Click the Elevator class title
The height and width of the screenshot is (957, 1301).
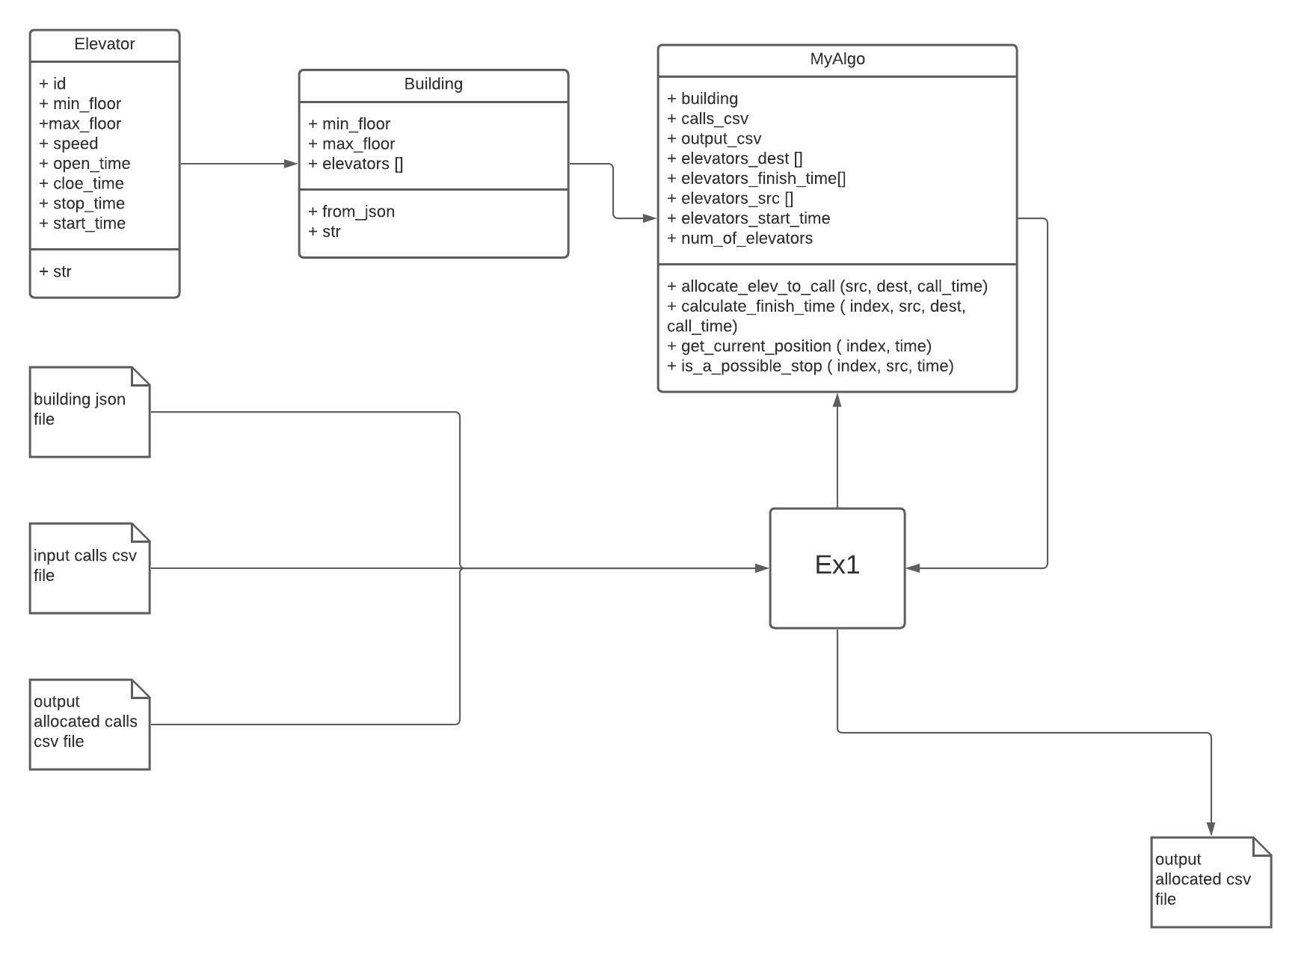pos(105,44)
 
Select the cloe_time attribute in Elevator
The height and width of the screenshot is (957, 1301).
pos(81,184)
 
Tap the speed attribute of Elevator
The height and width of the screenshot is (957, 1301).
pos(69,144)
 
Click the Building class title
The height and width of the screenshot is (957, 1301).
pos(433,84)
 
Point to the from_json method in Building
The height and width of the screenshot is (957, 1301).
pos(351,212)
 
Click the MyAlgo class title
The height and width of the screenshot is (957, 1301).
pos(837,59)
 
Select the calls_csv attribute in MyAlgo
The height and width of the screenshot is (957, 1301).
pos(707,119)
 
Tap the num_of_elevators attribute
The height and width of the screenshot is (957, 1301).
pos(739,239)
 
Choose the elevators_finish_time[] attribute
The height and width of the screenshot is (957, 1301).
pos(756,179)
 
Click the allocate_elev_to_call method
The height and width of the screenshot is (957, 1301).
pos(827,286)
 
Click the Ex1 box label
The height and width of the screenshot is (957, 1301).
pos(837,565)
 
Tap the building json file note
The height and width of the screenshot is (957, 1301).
pos(89,411)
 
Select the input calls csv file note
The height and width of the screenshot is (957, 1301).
pos(89,567)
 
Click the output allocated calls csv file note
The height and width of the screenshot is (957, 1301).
pos(89,724)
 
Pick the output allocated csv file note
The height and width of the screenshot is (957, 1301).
pos(1211,881)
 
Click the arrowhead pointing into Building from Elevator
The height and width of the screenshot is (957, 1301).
pos(291,164)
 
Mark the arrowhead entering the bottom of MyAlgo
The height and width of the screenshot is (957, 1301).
pos(837,400)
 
